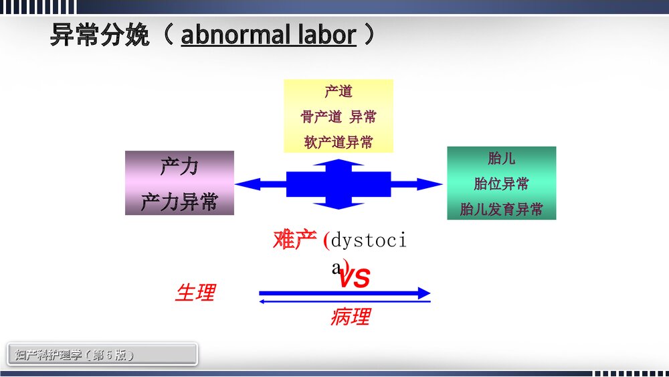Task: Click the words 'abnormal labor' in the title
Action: pos(268,35)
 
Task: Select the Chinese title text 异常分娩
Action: pos(100,35)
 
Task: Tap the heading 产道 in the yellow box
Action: pos(339,92)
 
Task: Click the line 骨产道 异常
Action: pos(339,117)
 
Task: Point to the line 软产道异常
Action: pos(339,142)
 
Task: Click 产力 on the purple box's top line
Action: pos(179,167)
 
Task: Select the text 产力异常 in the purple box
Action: pos(179,202)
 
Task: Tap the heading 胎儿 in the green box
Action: pos(501,159)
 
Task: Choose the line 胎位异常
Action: pos(501,184)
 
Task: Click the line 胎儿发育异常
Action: pos(501,209)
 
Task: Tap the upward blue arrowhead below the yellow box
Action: pos(339,163)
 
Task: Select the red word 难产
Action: pos(294,240)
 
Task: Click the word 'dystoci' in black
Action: pos(369,240)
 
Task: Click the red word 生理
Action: pos(195,293)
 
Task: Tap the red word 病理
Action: pos(350,317)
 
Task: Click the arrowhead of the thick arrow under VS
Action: pos(423,293)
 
